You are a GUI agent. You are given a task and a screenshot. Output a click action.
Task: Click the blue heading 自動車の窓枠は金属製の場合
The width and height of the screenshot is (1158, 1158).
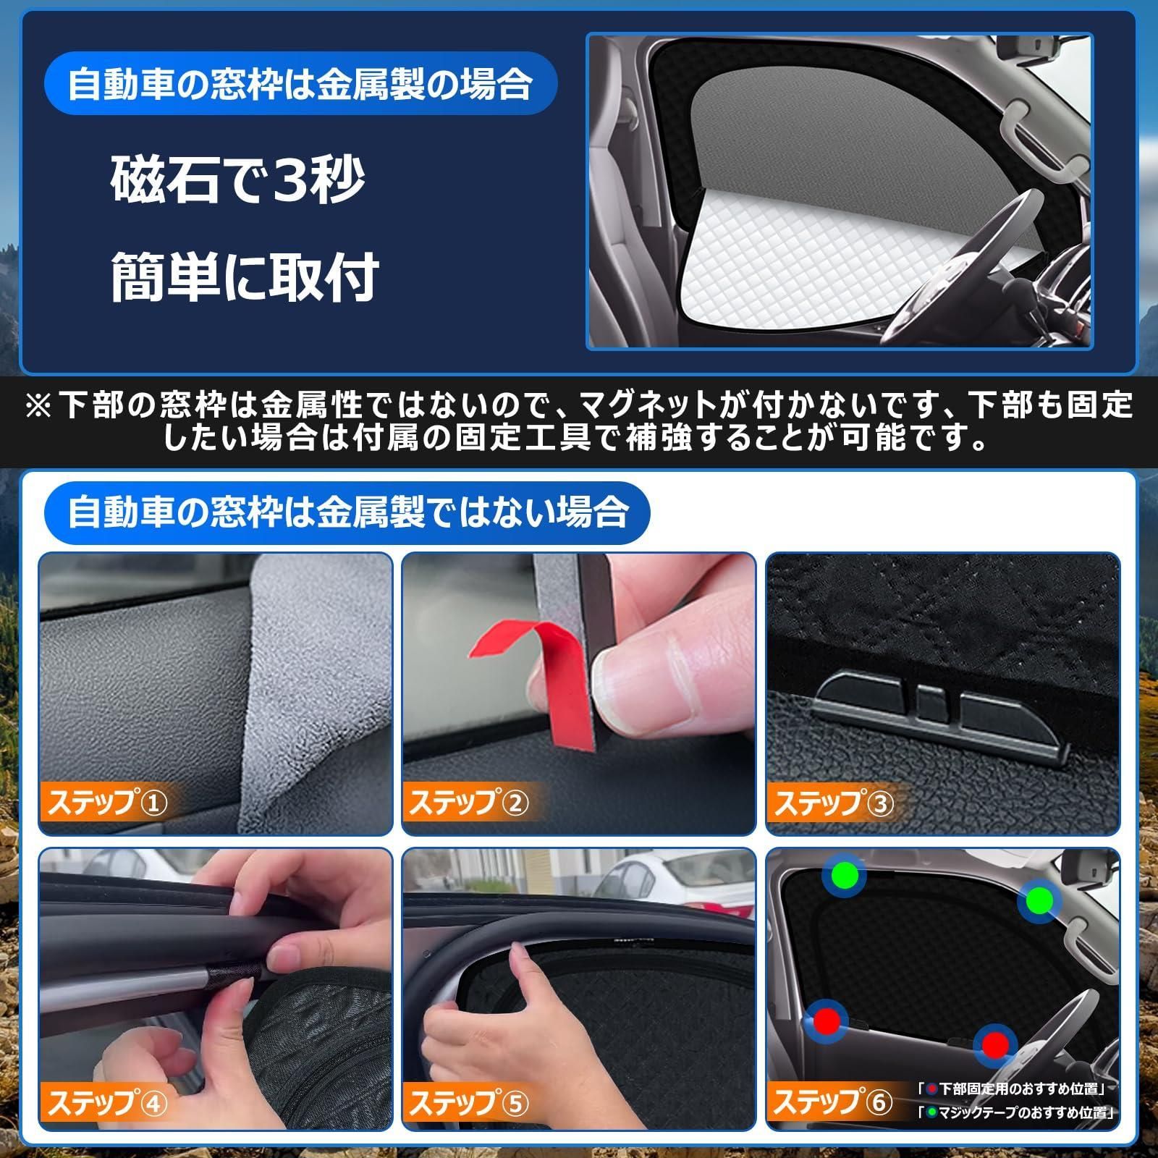(x=300, y=85)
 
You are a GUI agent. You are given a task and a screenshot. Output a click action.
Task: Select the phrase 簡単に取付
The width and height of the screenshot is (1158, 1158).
(x=245, y=276)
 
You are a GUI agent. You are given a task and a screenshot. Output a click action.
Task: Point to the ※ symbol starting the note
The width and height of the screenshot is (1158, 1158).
(x=38, y=405)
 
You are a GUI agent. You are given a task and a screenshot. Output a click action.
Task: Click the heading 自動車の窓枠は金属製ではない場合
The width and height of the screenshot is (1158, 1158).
(x=347, y=512)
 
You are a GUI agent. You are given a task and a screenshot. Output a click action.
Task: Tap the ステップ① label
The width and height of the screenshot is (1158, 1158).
(x=107, y=803)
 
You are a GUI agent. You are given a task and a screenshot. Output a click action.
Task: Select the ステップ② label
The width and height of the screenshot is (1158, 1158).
(x=469, y=803)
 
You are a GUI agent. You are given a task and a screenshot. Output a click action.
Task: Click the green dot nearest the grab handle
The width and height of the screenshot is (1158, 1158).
(x=1039, y=900)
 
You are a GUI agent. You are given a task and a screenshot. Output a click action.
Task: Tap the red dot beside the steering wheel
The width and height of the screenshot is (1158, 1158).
(x=995, y=1044)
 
